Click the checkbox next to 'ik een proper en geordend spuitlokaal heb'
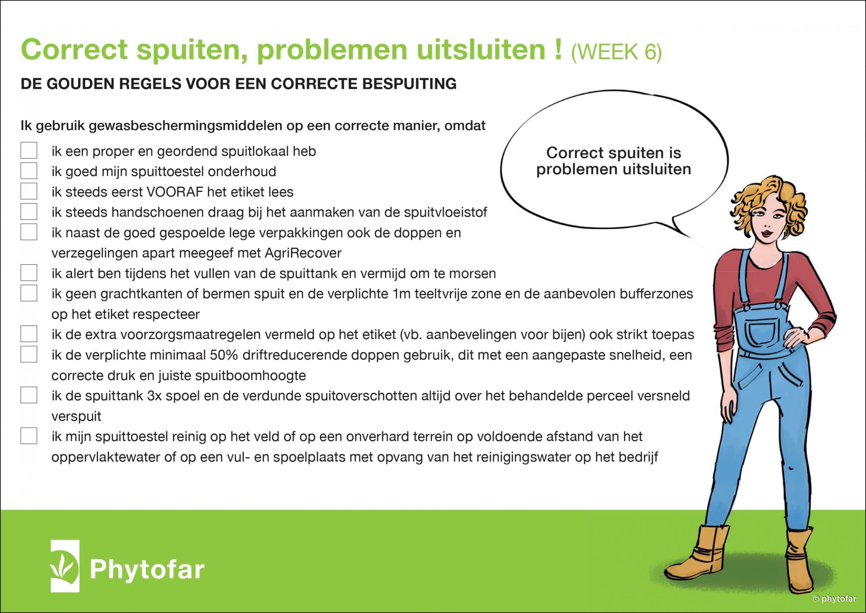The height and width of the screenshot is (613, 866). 29,150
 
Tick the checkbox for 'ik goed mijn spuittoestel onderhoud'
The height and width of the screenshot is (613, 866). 29,171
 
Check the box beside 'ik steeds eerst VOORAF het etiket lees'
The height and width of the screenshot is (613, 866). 29,191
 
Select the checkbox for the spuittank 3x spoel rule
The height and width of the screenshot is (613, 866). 29,395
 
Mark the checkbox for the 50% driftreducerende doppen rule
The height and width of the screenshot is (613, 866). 29,354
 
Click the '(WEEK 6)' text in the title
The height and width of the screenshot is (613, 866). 616,52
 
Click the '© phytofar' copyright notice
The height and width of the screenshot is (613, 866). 835,598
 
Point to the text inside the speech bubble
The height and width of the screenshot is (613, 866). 614,161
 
